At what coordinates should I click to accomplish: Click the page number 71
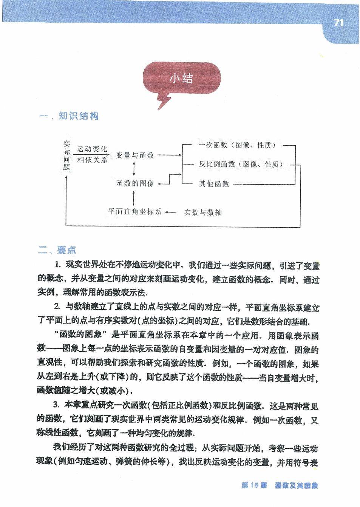point(338,23)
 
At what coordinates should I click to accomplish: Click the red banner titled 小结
point(181,78)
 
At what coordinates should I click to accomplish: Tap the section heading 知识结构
point(79,116)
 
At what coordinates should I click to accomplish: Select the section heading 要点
point(66,250)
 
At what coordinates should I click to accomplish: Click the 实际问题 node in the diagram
point(67,156)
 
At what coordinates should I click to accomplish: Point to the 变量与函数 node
point(134,155)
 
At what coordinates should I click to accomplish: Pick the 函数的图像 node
point(135,184)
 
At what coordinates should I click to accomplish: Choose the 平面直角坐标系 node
point(134,212)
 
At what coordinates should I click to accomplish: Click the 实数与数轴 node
point(203,213)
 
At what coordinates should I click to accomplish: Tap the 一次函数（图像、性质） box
point(237,145)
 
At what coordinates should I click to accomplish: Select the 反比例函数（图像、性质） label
point(241,164)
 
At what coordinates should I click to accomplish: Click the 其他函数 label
point(214,184)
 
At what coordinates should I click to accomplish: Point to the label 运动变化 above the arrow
point(92,149)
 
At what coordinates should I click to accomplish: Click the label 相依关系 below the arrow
point(93,160)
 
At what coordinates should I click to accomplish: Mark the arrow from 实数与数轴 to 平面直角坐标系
point(170,212)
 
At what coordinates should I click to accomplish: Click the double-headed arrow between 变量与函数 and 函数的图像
point(134,170)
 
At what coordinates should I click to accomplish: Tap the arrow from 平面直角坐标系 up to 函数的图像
point(134,197)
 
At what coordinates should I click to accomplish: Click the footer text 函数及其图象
point(297,486)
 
